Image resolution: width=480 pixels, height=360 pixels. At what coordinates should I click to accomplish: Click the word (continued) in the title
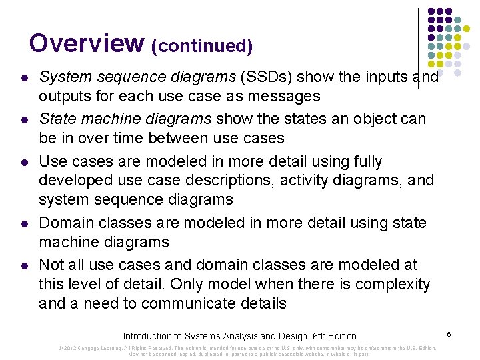coord(202,46)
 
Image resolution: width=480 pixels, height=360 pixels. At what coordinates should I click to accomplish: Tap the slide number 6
coord(449,332)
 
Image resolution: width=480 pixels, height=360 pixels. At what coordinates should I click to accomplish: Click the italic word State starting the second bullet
coord(57,119)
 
